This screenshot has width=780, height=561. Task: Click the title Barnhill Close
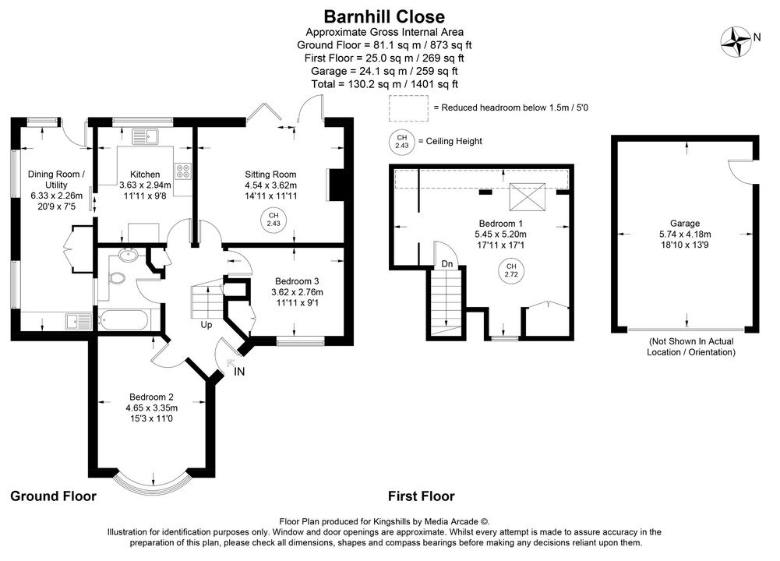384,16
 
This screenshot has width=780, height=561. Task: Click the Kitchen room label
145,174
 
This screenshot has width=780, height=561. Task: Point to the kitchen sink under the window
144,136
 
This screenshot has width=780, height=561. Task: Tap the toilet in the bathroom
117,278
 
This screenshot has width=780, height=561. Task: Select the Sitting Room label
270,174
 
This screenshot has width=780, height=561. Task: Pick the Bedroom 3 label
296,280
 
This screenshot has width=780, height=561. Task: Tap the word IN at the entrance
239,372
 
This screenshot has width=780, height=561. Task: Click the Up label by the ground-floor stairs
207,324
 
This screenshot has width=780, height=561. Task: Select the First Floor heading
421,496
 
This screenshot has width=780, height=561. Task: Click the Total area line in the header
384,83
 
